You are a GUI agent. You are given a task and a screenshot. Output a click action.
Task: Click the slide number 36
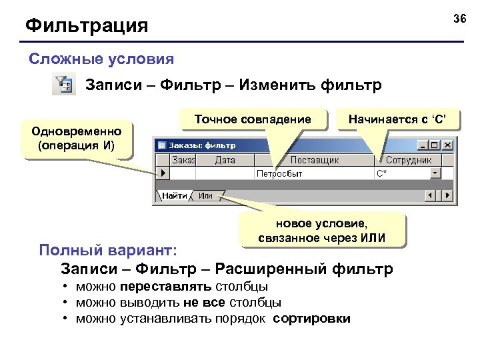[459, 18]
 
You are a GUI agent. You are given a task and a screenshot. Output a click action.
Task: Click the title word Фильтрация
[87, 27]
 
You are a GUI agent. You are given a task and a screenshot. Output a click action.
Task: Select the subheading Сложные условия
[101, 59]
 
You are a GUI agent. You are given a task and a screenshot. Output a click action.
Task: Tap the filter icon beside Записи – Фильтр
[64, 85]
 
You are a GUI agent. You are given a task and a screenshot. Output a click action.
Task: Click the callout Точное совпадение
[253, 119]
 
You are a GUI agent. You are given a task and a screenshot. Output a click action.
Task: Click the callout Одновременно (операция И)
[76, 139]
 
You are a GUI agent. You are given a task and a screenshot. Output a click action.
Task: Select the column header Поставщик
[315, 160]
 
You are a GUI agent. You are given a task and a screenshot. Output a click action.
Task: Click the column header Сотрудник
[409, 160]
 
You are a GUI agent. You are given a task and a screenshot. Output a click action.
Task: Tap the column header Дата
[225, 160]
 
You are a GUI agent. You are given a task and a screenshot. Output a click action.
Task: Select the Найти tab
[175, 196]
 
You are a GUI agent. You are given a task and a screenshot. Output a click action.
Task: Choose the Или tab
[205, 196]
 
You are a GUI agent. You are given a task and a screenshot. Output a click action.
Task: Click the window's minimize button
[423, 145]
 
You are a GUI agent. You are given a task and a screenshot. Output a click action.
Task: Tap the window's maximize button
[435, 145]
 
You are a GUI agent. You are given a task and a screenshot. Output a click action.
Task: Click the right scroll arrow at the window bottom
[447, 196]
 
